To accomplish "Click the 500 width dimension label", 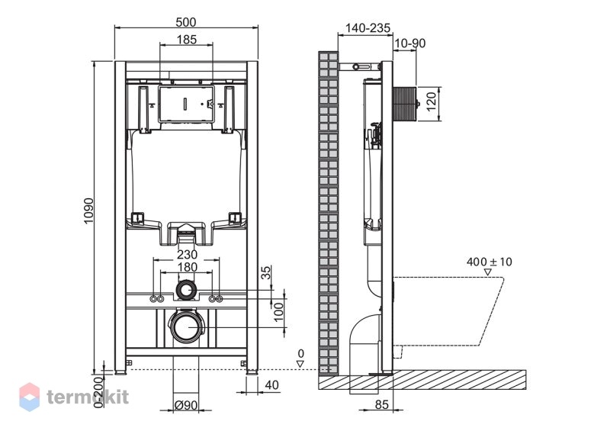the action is coord(186,22).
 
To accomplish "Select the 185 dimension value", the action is coord(187,40).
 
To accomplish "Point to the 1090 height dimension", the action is coord(89,211).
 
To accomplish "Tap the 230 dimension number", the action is coord(187,254).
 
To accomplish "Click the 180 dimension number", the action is coord(187,267).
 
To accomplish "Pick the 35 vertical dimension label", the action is coord(265,272).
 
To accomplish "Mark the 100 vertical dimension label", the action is coord(278,312).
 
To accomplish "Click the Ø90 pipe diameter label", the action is coord(186,405).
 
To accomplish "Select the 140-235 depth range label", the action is coord(368,27).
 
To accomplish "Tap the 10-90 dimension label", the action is coord(410,43).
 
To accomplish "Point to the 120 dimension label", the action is coord(432,101).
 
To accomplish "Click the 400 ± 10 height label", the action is coord(490,262).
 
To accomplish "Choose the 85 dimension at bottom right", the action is coord(382,404).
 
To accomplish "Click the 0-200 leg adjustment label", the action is coord(98,392).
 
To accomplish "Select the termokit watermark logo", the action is coord(74,397).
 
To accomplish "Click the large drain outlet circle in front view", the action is coord(186,327).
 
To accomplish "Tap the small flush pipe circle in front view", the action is coord(187,291).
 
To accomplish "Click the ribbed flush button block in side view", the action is coord(405,105).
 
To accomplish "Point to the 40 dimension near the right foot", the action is coord(271,384).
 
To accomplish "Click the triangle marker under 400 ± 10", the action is coord(488,272).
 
